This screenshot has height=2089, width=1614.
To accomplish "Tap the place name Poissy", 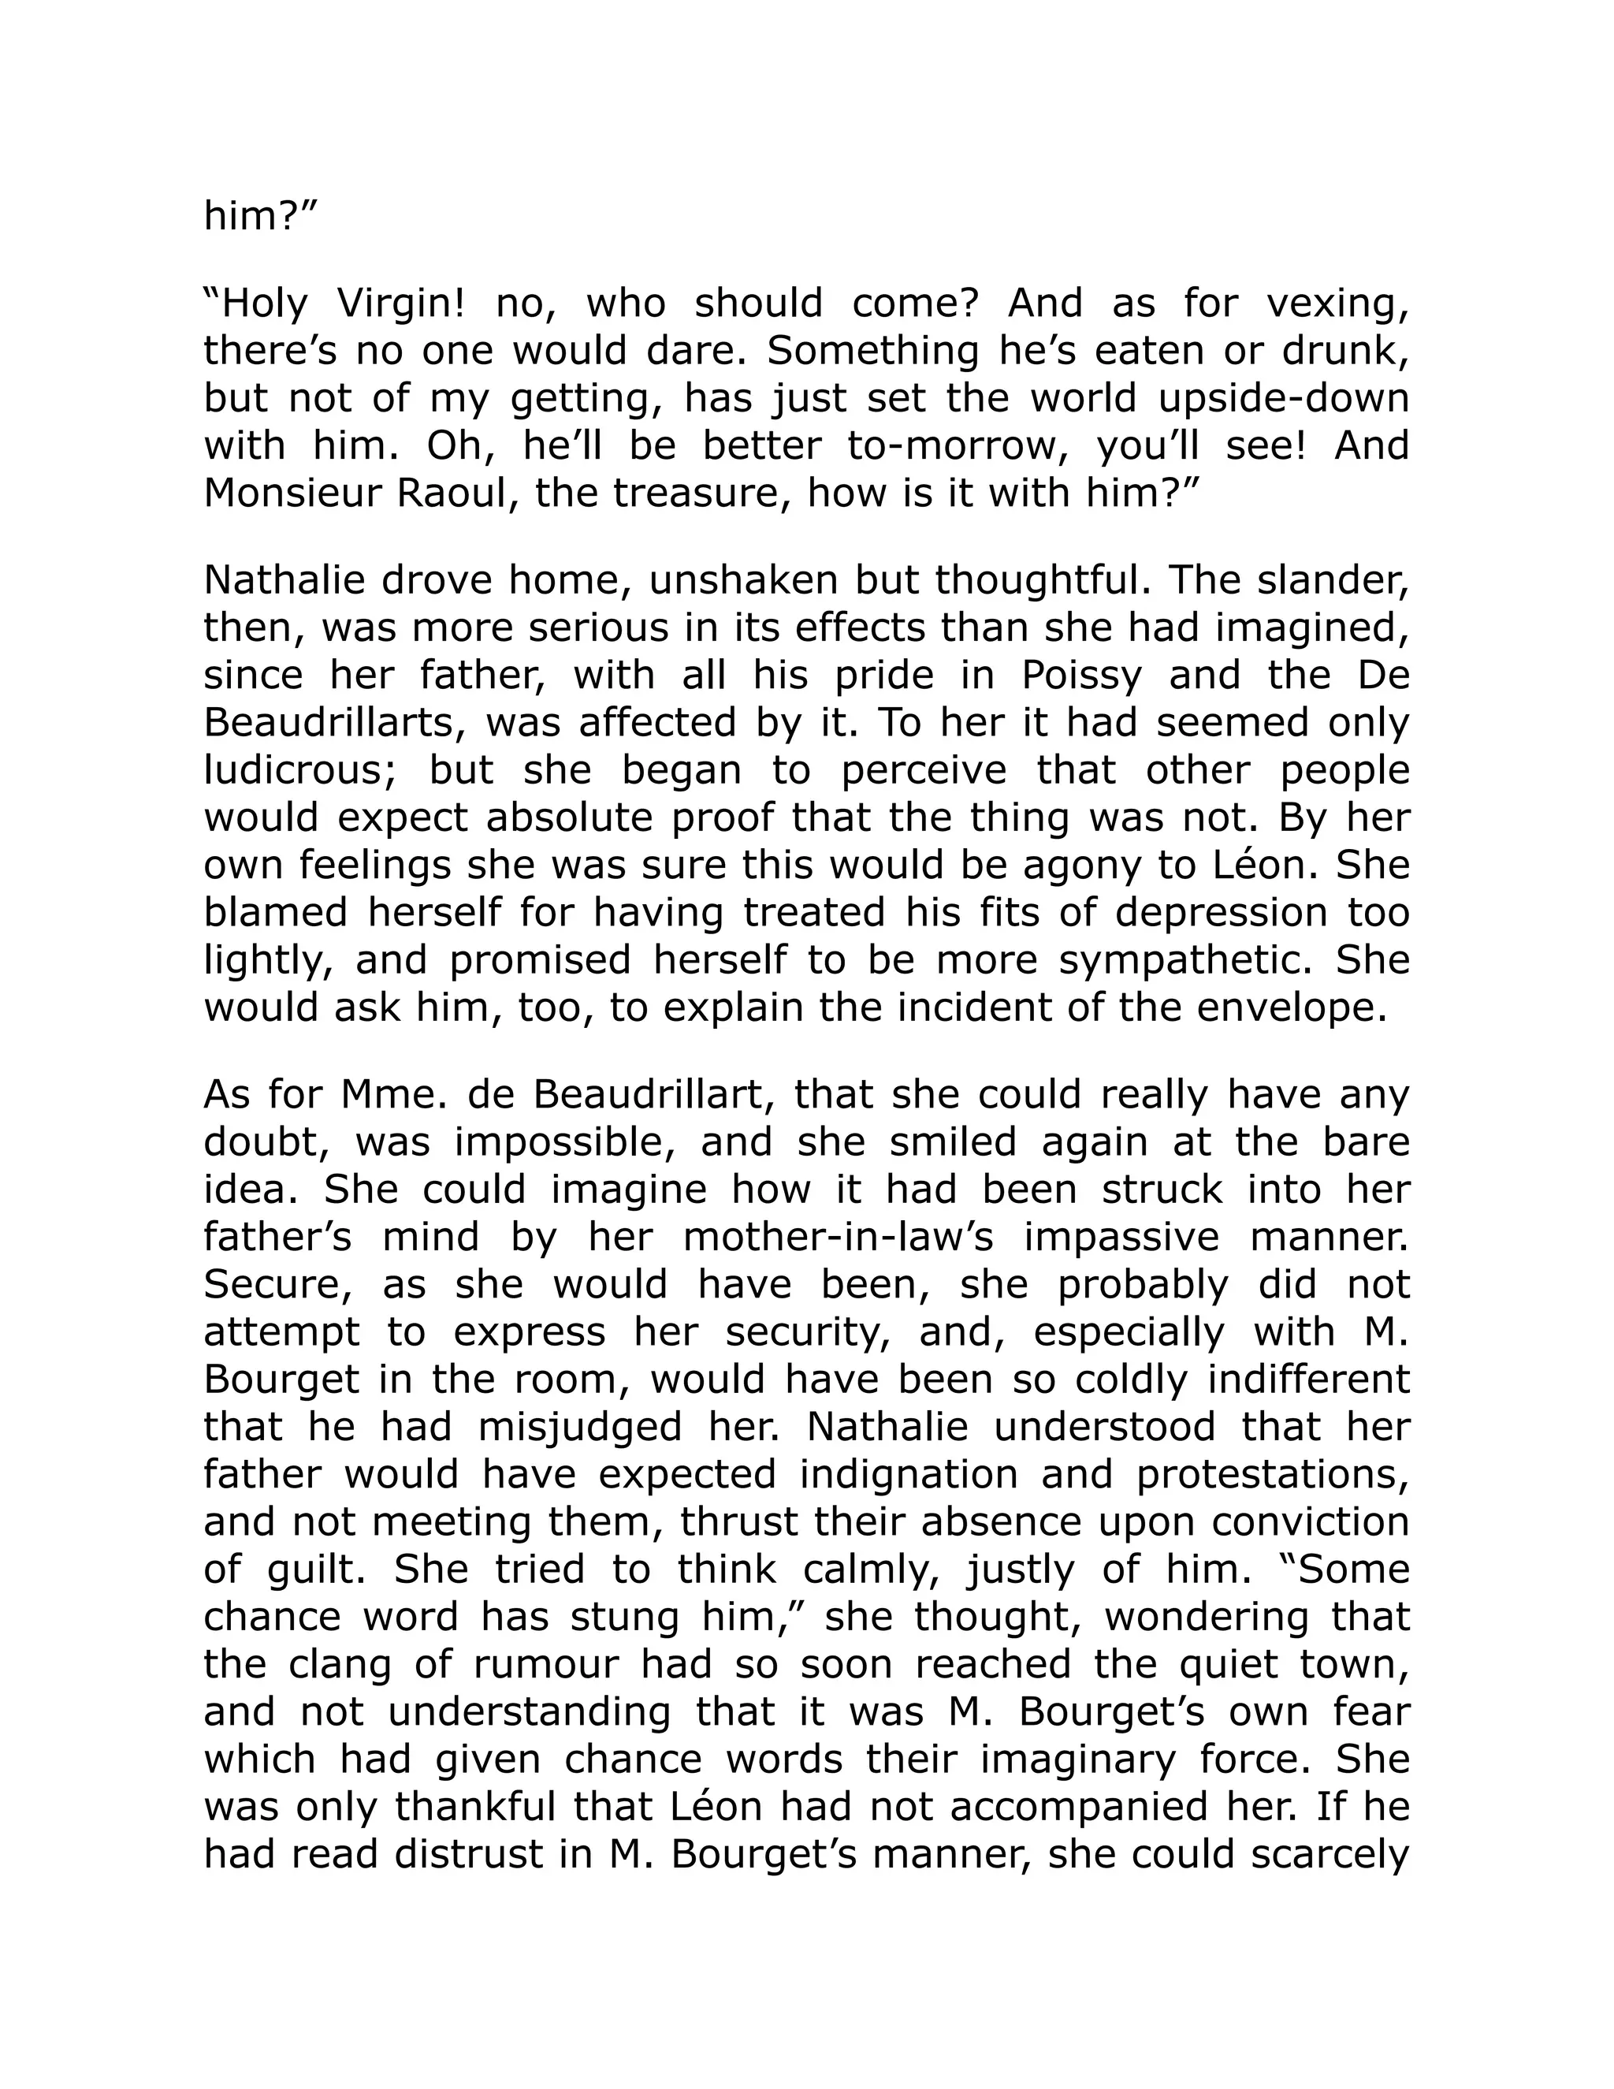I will [1081, 676].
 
